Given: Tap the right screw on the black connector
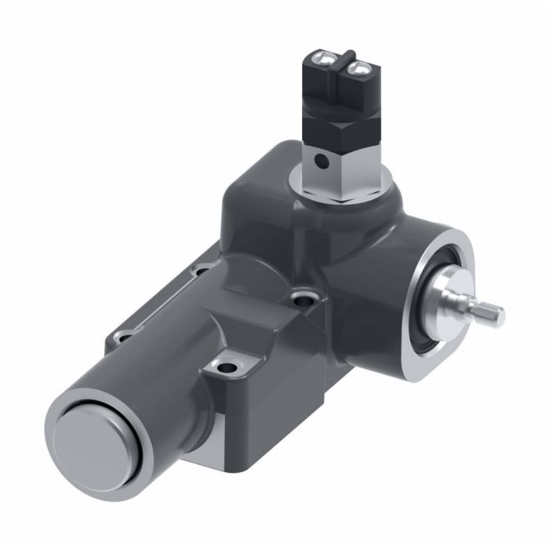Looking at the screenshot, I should pyautogui.click(x=358, y=71).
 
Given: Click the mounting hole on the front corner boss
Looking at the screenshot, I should pyautogui.click(x=228, y=365).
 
